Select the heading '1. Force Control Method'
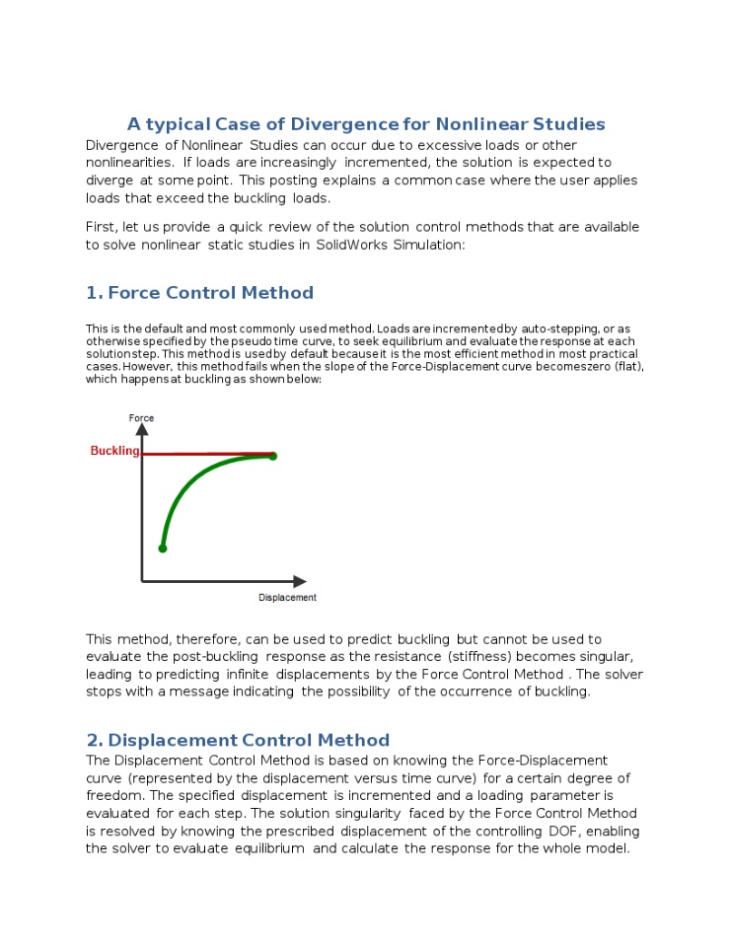point(199,293)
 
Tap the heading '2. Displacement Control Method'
point(238,741)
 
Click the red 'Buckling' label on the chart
point(114,451)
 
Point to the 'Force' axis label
point(141,418)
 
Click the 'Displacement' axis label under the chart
point(287,598)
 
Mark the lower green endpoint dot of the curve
point(163,547)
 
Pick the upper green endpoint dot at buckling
point(273,456)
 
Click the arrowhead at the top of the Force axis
point(142,430)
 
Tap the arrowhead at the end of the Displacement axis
point(300,581)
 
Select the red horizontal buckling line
point(207,454)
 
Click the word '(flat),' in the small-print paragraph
point(624,366)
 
